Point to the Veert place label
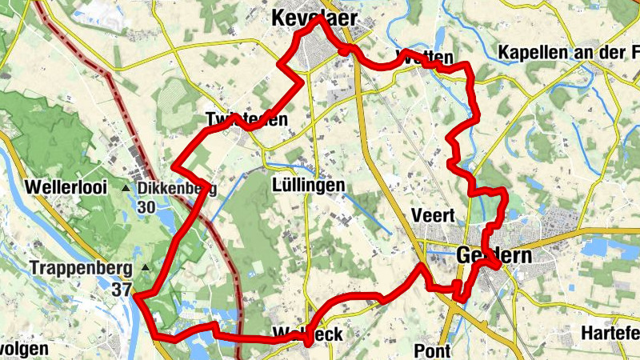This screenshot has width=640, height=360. pos(433,215)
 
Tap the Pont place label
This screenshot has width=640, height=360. pos(433,350)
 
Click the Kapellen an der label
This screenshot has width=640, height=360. pos(568,53)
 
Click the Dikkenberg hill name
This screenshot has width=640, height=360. pos(178,189)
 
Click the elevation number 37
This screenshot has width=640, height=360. pos(122,290)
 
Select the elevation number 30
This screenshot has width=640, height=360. pos(146,207)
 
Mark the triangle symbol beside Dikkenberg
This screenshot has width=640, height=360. pos(126,189)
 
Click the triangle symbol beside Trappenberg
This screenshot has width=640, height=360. pos(145,267)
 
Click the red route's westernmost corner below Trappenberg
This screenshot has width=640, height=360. pos(135,296)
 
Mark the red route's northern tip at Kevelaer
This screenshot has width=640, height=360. pos(317,18)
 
